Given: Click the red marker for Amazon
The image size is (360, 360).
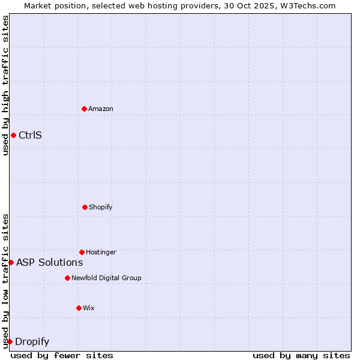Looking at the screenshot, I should pos(84,109).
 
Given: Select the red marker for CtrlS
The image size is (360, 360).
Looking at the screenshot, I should pos(13,135).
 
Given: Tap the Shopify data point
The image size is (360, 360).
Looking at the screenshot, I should pos(85,207).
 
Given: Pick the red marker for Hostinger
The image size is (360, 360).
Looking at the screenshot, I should pos(82,252).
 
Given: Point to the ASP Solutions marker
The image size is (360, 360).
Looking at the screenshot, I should pos(11,262).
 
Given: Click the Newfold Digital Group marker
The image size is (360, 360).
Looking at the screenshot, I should pos(67,278).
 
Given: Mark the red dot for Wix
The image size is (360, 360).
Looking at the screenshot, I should pos(79,308).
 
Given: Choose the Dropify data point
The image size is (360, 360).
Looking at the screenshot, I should pos(10,341).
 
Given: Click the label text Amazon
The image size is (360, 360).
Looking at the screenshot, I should pos(101,109).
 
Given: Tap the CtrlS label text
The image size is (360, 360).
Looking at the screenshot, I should pos(30,135).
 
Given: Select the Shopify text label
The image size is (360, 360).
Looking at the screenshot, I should pos(101,207).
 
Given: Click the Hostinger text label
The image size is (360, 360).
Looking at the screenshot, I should pos(101,252).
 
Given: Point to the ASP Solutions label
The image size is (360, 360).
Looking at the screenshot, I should pos(50,262).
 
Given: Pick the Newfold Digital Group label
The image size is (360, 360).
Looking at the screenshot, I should pos(106,278).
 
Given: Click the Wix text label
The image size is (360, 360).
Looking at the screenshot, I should pos(89,308).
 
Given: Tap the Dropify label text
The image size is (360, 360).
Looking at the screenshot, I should pos(32,342).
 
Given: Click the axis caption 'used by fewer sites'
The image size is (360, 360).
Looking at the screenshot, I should pos(62,355).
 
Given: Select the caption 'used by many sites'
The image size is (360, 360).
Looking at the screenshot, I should pos(301,355).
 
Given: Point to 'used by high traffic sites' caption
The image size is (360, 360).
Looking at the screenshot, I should pos(5,85).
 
